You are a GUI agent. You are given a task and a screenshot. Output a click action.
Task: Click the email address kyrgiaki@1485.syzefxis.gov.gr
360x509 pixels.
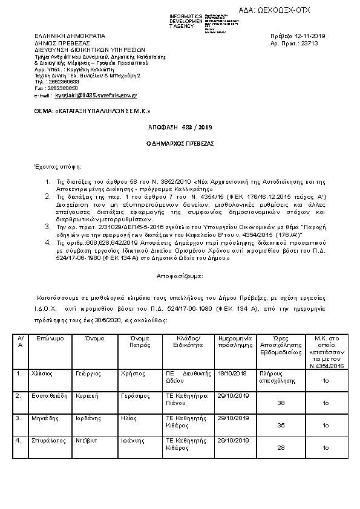coord(96,96)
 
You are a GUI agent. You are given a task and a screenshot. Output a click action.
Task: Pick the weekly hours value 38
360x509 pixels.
coord(280,402)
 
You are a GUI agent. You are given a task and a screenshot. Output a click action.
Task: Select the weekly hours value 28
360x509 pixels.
coord(280,448)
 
